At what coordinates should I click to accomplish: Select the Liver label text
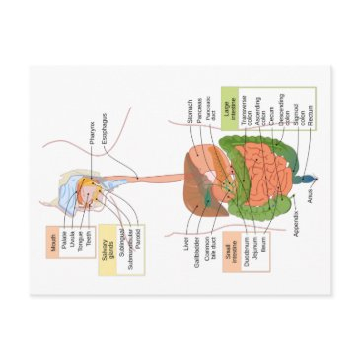[x=186, y=243]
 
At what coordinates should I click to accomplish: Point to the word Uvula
[x=71, y=243]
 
